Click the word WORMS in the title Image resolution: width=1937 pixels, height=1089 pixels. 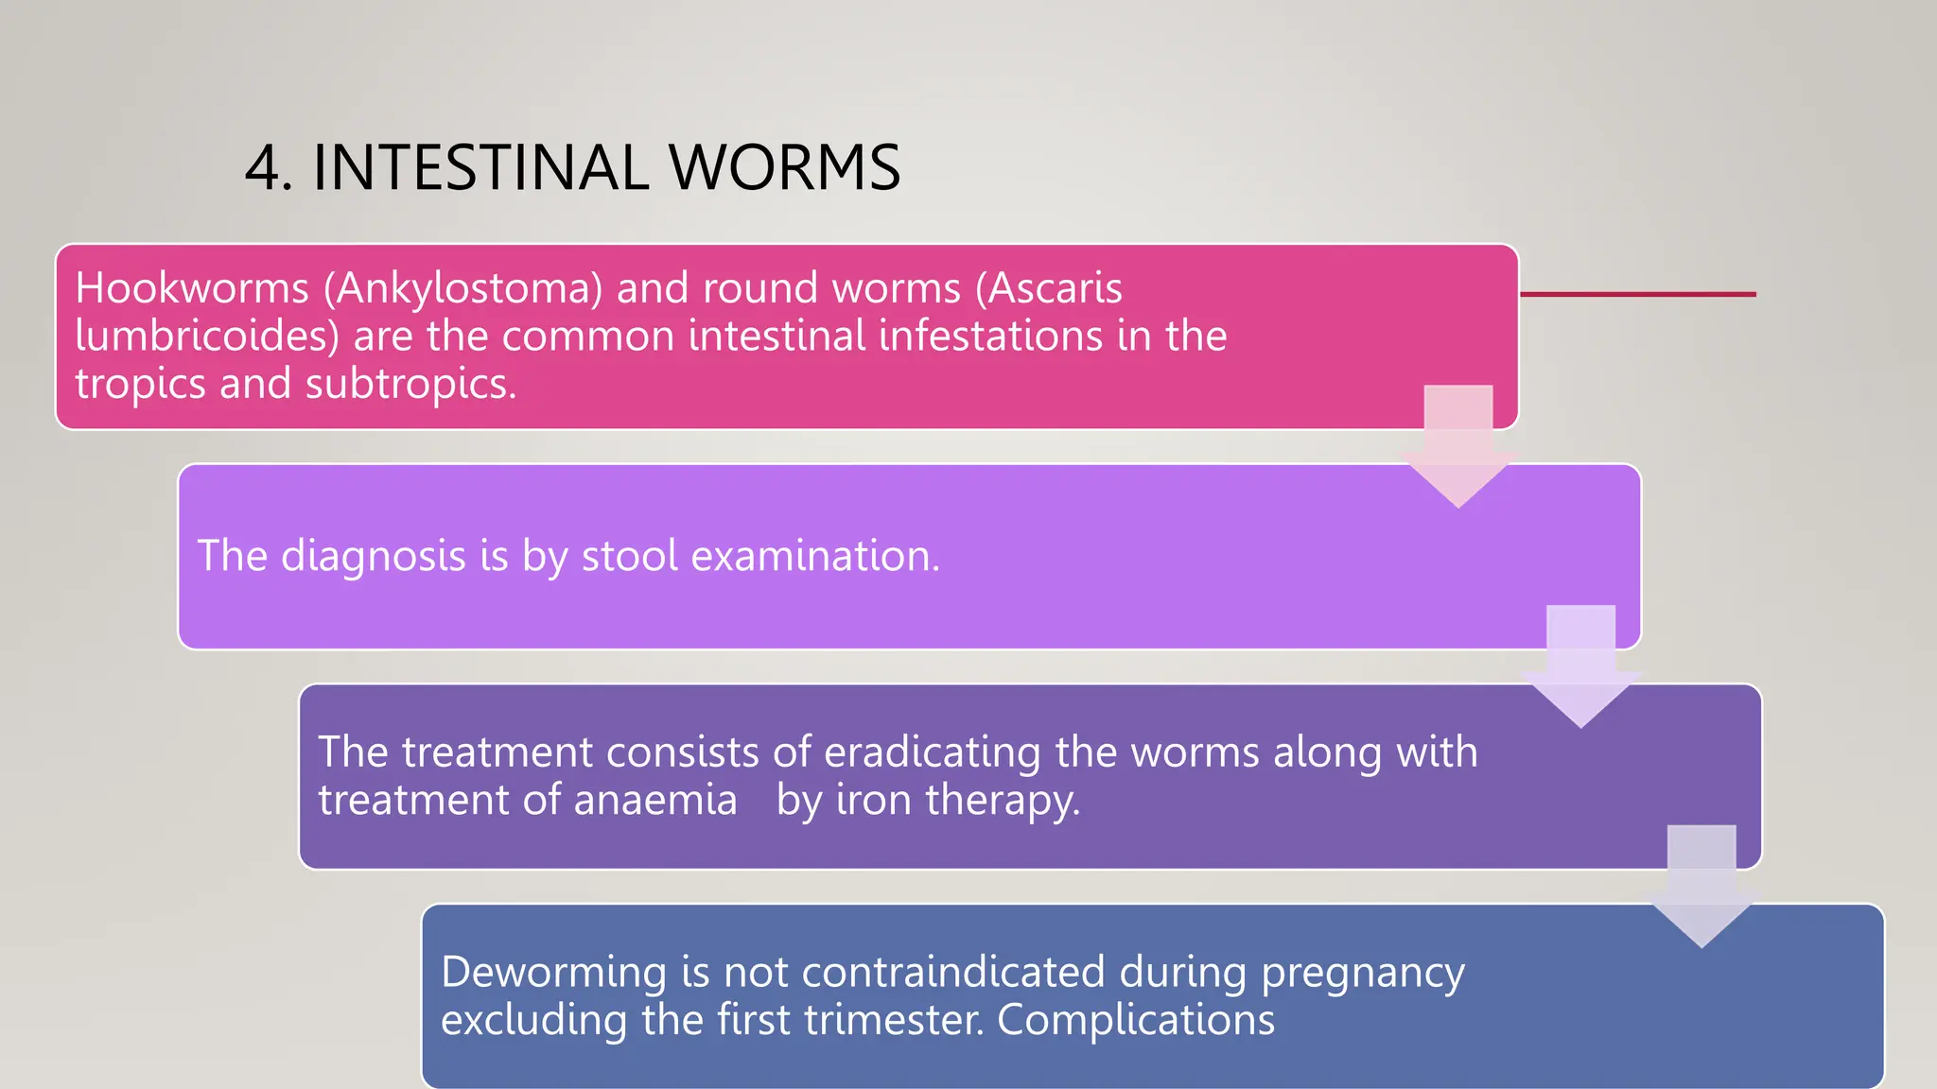784,168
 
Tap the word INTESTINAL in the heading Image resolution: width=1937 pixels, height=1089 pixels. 480,168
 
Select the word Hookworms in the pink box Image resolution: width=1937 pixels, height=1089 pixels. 192,287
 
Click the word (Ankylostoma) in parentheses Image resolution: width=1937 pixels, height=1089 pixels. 462,287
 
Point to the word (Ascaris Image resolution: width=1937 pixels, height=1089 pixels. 1048,287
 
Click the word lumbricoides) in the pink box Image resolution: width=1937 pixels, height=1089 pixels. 207,336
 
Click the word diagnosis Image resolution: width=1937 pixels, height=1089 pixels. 374,556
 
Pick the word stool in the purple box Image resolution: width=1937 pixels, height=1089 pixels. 630,556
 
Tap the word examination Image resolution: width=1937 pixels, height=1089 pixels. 815,556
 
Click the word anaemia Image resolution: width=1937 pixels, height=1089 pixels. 654,801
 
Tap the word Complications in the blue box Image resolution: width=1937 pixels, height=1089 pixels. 1135,1021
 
